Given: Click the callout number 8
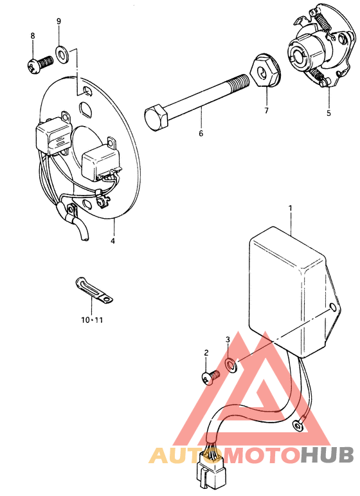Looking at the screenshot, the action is [x=33, y=36].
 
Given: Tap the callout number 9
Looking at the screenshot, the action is [x=59, y=21].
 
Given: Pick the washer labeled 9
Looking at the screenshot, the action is [x=62, y=54].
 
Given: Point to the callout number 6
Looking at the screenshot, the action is [x=201, y=134].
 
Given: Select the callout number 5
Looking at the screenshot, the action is [x=328, y=113].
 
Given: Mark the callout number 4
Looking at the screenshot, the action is [x=113, y=241].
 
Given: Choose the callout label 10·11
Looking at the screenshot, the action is [x=92, y=320].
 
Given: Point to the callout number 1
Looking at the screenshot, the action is [x=291, y=208].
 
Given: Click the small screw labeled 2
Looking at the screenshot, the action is [x=210, y=377].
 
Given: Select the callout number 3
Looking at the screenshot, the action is [x=228, y=340].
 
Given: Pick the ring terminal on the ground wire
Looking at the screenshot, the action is [x=298, y=427].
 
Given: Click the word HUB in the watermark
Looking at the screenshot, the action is [x=327, y=455].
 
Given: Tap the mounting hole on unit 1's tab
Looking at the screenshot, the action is [x=332, y=307].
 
